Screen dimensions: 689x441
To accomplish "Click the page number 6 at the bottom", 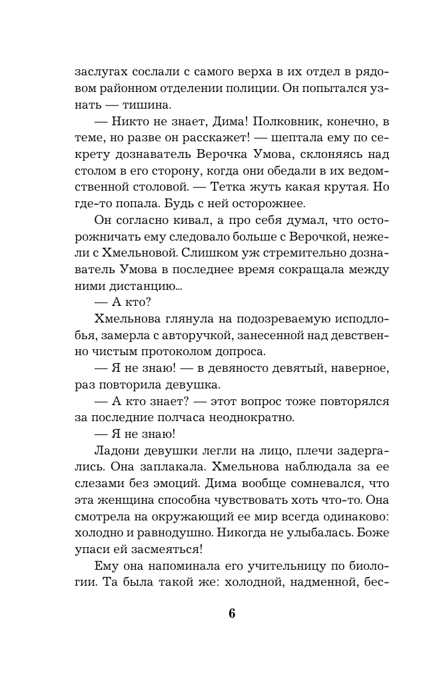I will [232, 614].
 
